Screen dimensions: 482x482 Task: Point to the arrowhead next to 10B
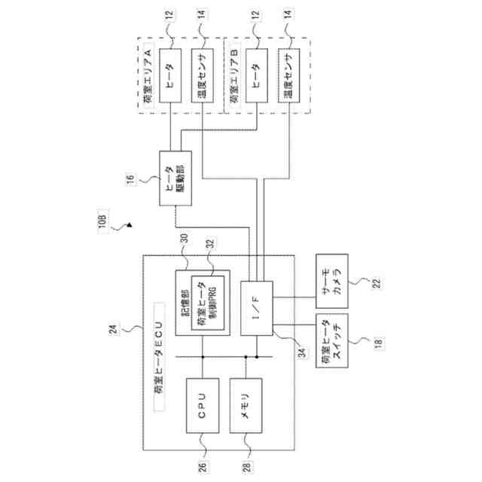click(130, 223)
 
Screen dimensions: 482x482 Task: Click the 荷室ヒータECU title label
click(157, 357)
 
